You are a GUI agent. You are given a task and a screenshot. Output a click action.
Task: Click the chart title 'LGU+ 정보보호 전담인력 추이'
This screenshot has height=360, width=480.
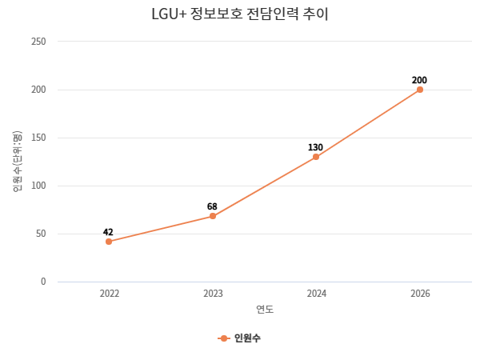[239, 14]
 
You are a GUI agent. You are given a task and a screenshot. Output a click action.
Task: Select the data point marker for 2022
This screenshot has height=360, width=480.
[109, 242]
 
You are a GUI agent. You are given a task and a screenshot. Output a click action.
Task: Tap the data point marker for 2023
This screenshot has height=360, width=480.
[213, 216]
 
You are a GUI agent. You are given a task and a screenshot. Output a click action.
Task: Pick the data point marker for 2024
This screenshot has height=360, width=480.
[316, 157]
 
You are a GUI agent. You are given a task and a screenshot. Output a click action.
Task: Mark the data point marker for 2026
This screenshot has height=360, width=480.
[420, 90]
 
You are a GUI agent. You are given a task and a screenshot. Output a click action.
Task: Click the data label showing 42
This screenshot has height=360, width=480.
[108, 232]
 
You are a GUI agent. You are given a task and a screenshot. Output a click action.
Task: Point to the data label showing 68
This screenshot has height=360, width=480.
[212, 206]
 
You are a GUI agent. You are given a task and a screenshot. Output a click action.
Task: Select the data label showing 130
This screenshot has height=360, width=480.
[315, 147]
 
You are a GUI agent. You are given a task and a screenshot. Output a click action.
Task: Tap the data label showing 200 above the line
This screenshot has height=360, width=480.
[419, 80]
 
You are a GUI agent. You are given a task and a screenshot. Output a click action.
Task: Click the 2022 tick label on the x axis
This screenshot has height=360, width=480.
[109, 294]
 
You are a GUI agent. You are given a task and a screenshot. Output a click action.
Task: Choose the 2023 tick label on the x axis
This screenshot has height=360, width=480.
[213, 294]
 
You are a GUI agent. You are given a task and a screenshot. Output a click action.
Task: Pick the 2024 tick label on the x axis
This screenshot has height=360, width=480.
[316, 294]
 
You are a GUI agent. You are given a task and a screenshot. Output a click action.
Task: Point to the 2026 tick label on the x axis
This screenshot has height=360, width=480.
[420, 294]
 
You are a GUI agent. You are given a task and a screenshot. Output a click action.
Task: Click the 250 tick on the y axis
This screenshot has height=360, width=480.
[38, 42]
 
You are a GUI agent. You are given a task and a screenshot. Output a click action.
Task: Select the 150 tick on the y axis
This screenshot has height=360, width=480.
[38, 138]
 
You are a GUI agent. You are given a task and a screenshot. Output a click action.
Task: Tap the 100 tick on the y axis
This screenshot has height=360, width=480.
[38, 186]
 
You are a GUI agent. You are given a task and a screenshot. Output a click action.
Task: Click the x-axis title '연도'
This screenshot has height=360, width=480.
[265, 310]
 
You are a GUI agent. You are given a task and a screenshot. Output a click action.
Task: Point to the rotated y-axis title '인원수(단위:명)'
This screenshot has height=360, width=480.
[18, 162]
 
